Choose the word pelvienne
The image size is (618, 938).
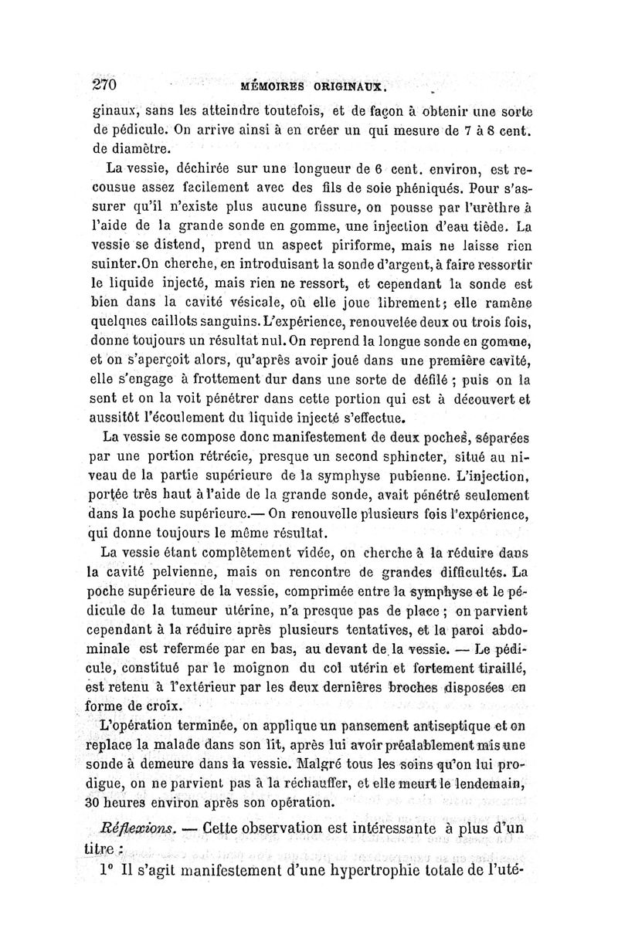[193, 572]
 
